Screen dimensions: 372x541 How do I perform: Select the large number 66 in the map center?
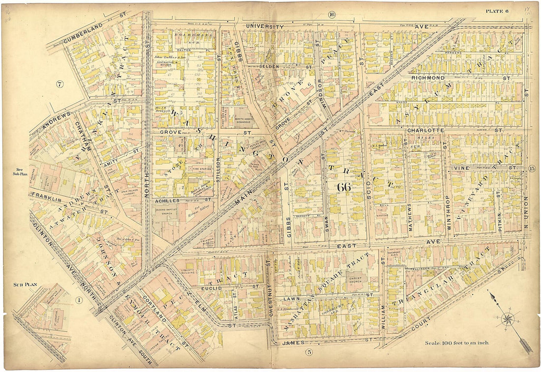[x=344, y=187]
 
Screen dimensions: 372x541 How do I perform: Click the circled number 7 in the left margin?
[x=60, y=84]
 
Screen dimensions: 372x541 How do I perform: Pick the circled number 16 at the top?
[x=332, y=15]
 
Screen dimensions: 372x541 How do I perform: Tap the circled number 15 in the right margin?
[x=532, y=169]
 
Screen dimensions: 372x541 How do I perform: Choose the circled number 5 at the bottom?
[x=309, y=351]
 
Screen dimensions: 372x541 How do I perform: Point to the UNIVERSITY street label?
[x=265, y=26]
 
